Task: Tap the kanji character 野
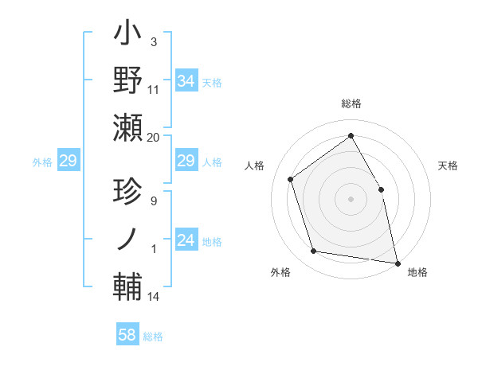pos(128,82)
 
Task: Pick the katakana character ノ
pos(128,239)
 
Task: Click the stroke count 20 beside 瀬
pos(154,138)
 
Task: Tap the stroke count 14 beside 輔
pos(154,297)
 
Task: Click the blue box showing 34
pos(186,81)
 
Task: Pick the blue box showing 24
pos(186,240)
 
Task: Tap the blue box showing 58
pos(127,335)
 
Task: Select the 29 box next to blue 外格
pos(68,162)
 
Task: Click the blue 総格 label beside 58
pos(153,337)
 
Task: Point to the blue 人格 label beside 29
pos(211,162)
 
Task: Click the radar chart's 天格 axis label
pos(448,166)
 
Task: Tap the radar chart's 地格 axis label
pos(417,272)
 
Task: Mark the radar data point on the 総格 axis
pos(351,135)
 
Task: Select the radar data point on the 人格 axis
pos(291,179)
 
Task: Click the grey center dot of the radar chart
pos(351,198)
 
